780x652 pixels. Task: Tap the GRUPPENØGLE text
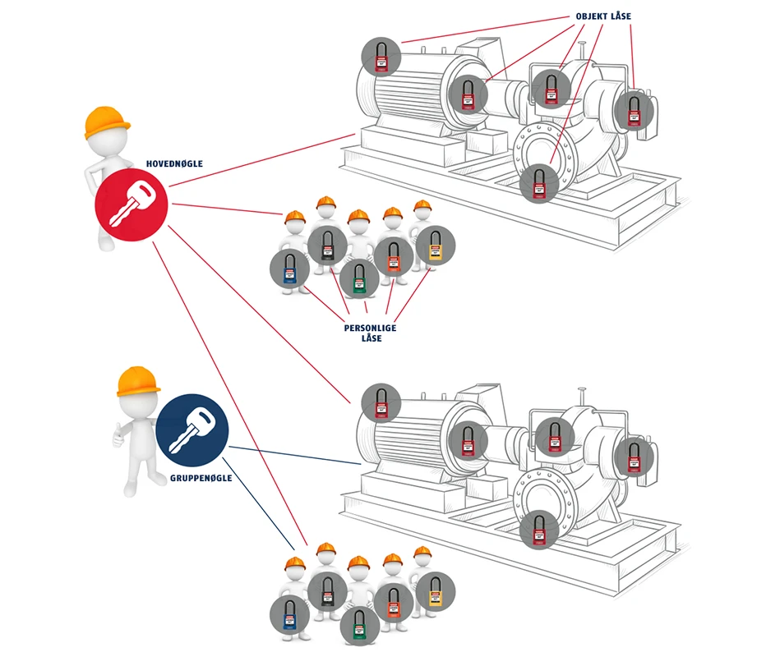(202, 477)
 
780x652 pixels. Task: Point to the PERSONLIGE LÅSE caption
(370, 333)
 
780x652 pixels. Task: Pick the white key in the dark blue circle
(192, 432)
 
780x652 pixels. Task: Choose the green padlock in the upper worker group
(360, 278)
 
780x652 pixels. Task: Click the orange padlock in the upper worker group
(395, 256)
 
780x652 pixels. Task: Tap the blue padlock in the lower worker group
(290, 615)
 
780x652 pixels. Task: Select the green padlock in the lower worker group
(360, 625)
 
